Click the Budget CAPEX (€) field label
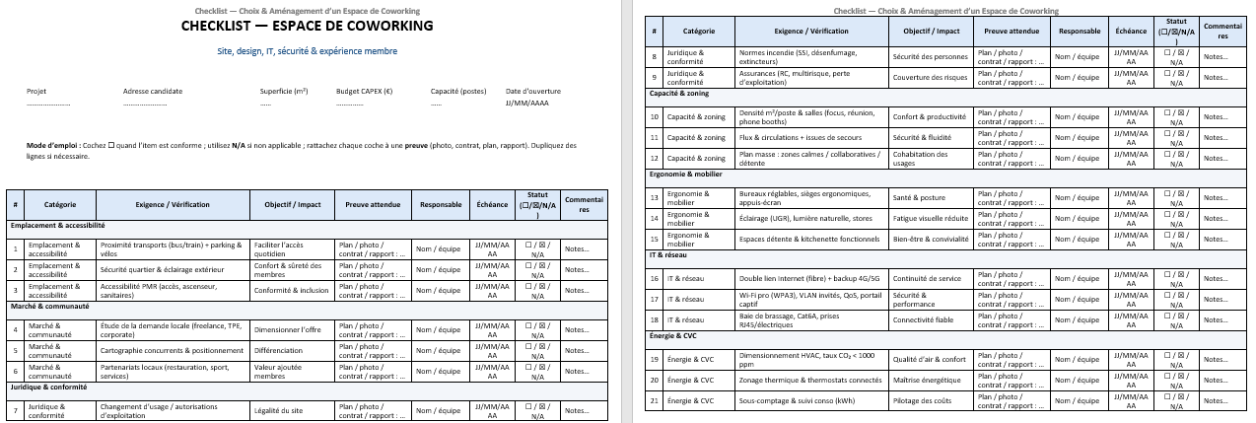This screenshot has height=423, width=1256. click(364, 92)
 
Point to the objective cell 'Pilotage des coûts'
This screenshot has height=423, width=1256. click(922, 401)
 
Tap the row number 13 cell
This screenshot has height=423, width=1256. click(655, 196)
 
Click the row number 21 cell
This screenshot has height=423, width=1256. click(655, 401)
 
